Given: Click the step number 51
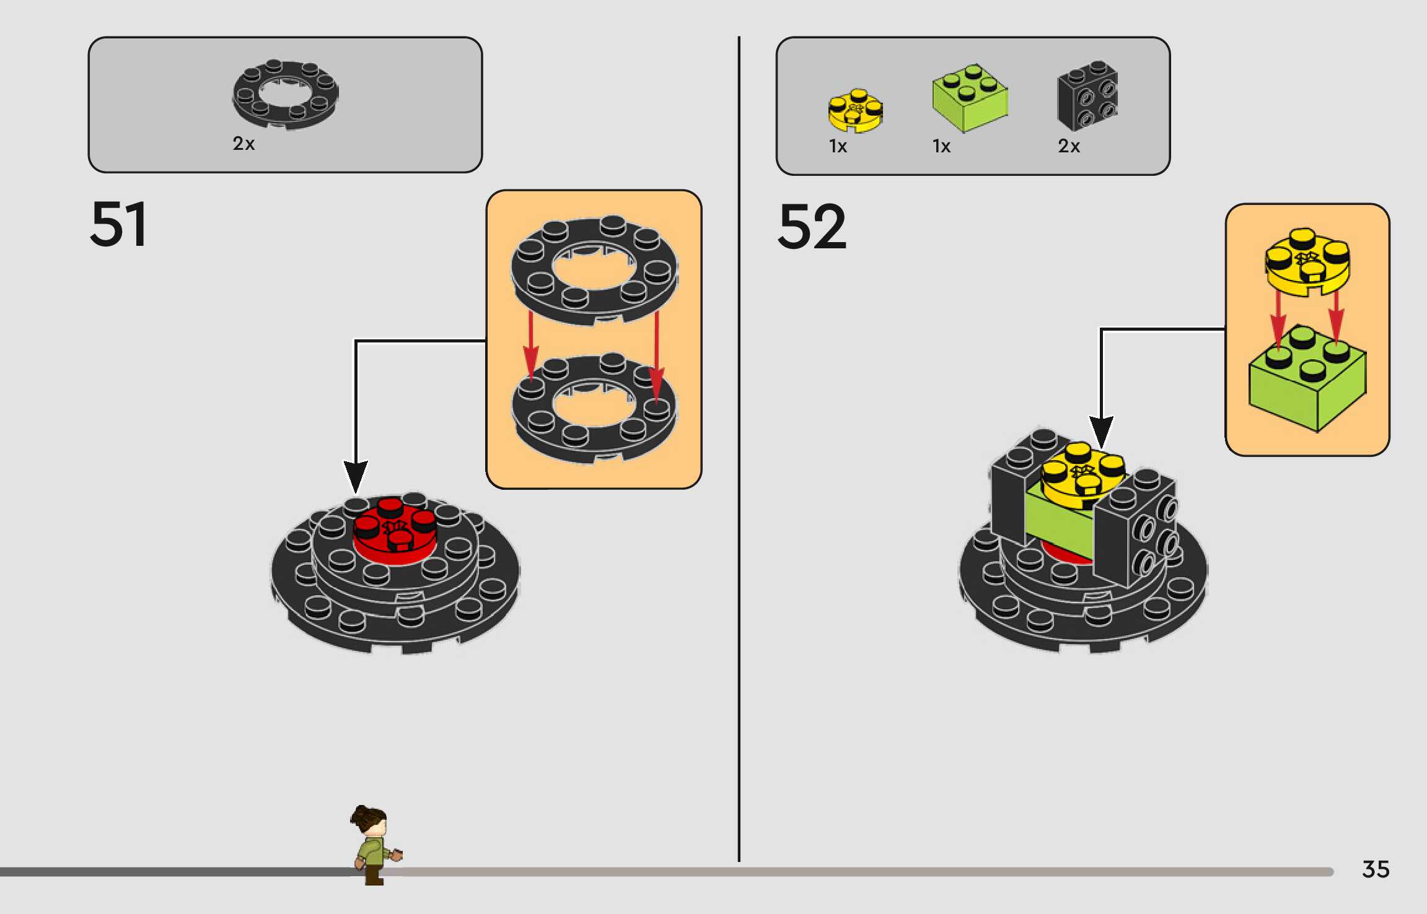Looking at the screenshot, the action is tap(118, 224).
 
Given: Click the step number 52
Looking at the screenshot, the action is tap(812, 227).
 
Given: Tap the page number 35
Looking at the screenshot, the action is tap(1376, 869).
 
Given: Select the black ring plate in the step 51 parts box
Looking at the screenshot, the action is tap(286, 94).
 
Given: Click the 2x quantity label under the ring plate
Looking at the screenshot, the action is tap(244, 144).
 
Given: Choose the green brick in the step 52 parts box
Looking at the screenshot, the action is tap(970, 98).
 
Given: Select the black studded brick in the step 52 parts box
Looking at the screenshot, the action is tap(1087, 95).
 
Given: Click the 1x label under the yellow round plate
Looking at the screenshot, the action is tap(838, 146).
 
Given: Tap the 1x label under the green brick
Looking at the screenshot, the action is tap(941, 146).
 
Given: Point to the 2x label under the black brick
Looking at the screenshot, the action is tap(1069, 146).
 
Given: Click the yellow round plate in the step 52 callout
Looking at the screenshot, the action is tap(1307, 263).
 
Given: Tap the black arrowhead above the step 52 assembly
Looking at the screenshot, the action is tap(1101, 430).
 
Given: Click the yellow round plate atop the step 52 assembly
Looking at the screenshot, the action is tap(1082, 474).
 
